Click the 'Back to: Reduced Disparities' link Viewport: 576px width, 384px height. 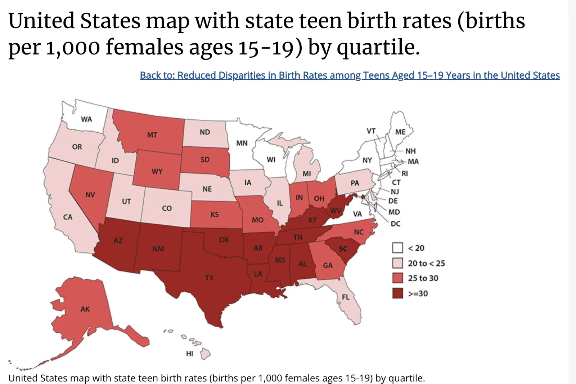click(350, 75)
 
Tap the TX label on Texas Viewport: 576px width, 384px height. click(210, 278)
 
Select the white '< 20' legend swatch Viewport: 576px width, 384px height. click(397, 248)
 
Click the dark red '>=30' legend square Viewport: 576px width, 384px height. click(397, 293)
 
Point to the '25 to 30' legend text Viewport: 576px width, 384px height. click(423, 278)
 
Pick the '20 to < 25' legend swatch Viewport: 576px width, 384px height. click(397, 263)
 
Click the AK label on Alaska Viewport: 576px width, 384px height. click(85, 309)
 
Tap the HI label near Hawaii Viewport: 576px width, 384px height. click(189, 354)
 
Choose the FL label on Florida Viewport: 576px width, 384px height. click(346, 297)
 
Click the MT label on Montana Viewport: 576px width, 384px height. click(152, 135)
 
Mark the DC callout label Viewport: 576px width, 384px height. click(396, 224)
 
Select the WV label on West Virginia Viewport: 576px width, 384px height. click(336, 211)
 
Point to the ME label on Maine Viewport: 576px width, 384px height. click(400, 132)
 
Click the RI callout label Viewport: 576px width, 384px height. click(405, 173)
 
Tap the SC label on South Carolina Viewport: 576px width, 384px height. click(343, 249)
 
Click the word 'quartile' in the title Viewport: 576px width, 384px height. click(378, 47)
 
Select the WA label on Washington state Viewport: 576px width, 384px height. click(86, 119)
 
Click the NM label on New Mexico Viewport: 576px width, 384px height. click(158, 249)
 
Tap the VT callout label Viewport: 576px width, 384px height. click(371, 131)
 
